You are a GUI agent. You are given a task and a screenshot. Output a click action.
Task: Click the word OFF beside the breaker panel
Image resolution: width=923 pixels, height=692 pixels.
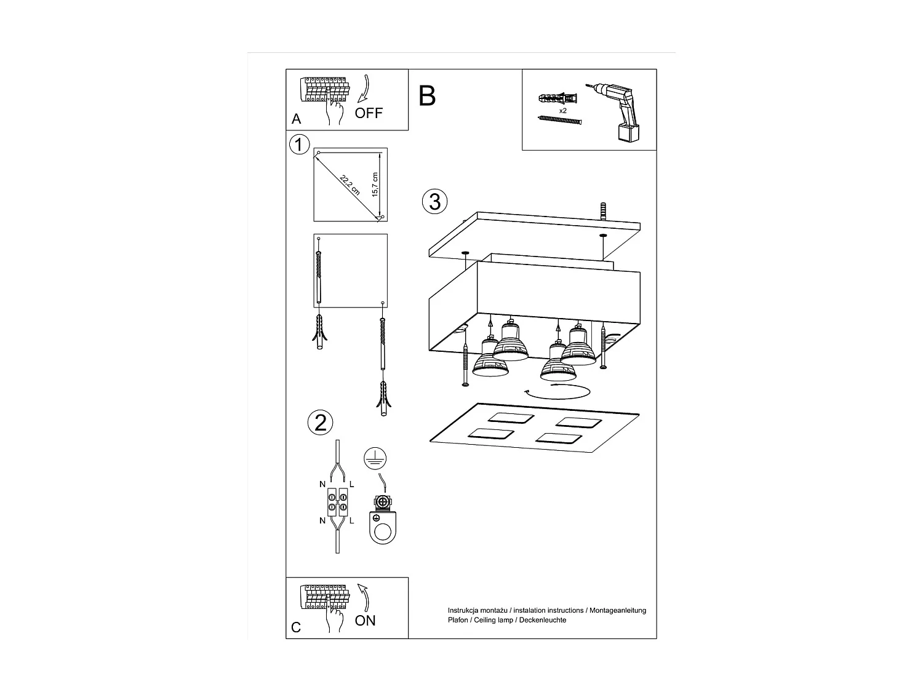coord(369,113)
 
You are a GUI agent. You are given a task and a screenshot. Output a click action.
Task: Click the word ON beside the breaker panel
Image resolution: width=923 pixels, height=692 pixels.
coord(365,621)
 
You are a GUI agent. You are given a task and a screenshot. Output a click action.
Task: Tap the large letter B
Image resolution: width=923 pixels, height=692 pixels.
coord(427,97)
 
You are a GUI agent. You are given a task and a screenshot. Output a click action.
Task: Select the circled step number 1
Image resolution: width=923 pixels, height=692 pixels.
coord(299,145)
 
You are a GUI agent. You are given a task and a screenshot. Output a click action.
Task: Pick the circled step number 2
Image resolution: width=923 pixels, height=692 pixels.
coord(320,423)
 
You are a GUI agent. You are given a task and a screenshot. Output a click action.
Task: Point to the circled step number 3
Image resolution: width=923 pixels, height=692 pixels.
coord(434,202)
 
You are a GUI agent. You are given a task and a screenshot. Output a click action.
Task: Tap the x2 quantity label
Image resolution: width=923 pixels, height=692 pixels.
coord(562,111)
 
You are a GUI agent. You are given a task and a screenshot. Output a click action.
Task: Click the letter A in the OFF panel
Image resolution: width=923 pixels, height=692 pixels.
coord(297,119)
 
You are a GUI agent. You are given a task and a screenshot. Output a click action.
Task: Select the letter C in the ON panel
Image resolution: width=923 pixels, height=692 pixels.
coord(297,627)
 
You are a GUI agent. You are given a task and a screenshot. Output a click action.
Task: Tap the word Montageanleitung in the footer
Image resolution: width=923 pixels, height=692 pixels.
coord(617,610)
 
